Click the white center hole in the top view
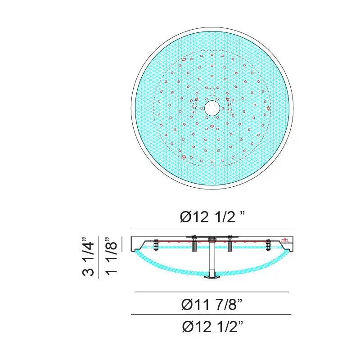click(x=212, y=108)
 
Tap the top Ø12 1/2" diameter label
click(x=212, y=216)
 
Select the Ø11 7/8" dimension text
click(x=211, y=304)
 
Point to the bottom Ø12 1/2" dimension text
click(x=212, y=326)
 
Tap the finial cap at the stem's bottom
click(x=211, y=276)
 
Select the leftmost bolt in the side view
click(x=156, y=245)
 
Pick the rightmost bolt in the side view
click(x=268, y=245)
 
